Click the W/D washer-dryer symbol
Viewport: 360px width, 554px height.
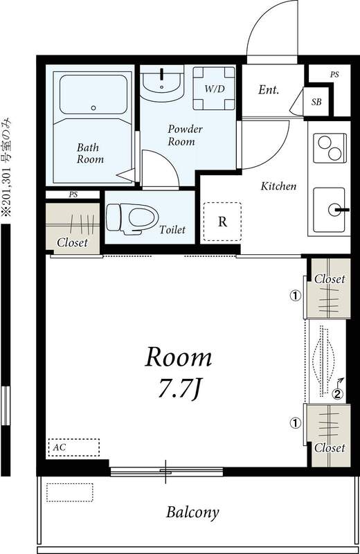click(x=213, y=89)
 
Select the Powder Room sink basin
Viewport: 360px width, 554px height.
click(x=161, y=81)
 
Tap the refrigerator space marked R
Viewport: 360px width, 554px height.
click(x=222, y=222)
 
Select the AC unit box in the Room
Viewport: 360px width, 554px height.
click(x=73, y=447)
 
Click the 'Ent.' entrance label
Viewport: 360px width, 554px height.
click(x=269, y=89)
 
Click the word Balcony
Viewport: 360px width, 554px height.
click(x=192, y=512)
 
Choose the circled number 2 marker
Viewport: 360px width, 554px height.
click(x=337, y=395)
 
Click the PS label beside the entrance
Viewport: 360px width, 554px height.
click(x=334, y=74)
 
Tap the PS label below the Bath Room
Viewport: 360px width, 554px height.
click(x=73, y=195)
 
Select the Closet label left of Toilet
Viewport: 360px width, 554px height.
click(x=72, y=242)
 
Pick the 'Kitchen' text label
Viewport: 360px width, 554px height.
click(x=278, y=186)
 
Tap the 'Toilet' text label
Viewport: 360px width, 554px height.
click(x=172, y=230)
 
